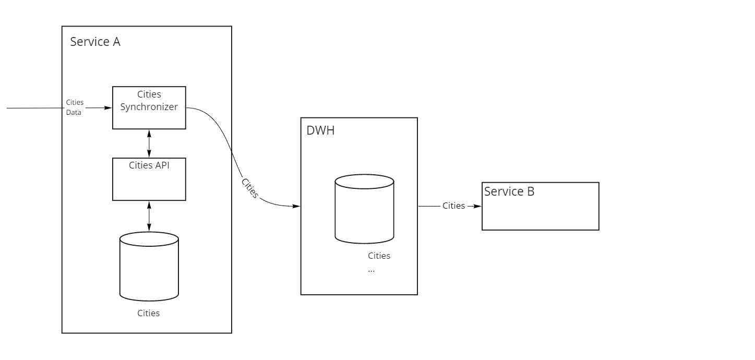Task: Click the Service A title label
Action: [x=95, y=42]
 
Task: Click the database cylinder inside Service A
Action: [x=149, y=267]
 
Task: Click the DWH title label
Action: [x=320, y=130]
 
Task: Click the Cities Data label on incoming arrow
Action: [x=75, y=107]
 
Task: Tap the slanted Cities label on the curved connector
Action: [x=250, y=188]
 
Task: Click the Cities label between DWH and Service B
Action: [x=453, y=206]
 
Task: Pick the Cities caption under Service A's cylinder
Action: [x=149, y=313]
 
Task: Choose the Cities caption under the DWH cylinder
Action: [x=379, y=256]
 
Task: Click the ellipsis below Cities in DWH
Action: [x=371, y=271]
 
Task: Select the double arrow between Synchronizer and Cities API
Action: [x=149, y=143]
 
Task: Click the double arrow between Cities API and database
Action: [x=149, y=216]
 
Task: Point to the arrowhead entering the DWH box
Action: [x=296, y=206]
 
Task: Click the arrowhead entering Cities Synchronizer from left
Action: [x=109, y=108]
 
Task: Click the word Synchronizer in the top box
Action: [x=149, y=107]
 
